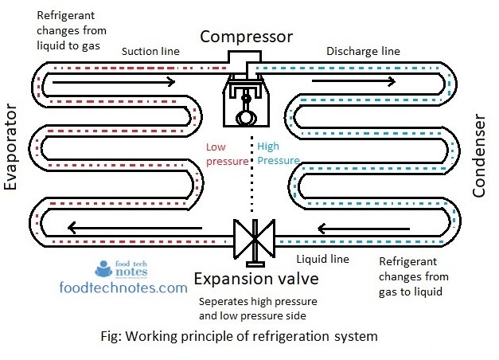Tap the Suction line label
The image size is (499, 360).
click(x=150, y=52)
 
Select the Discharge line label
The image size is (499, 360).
click(x=363, y=52)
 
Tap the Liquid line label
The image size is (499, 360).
click(x=322, y=260)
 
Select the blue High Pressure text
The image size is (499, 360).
click(x=278, y=153)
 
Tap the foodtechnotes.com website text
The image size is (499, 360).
click(x=123, y=287)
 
